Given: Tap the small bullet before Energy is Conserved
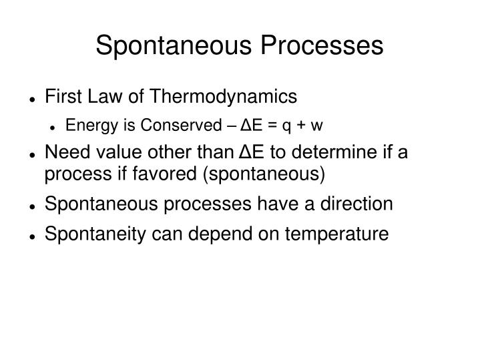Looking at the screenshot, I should tap(53, 127).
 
